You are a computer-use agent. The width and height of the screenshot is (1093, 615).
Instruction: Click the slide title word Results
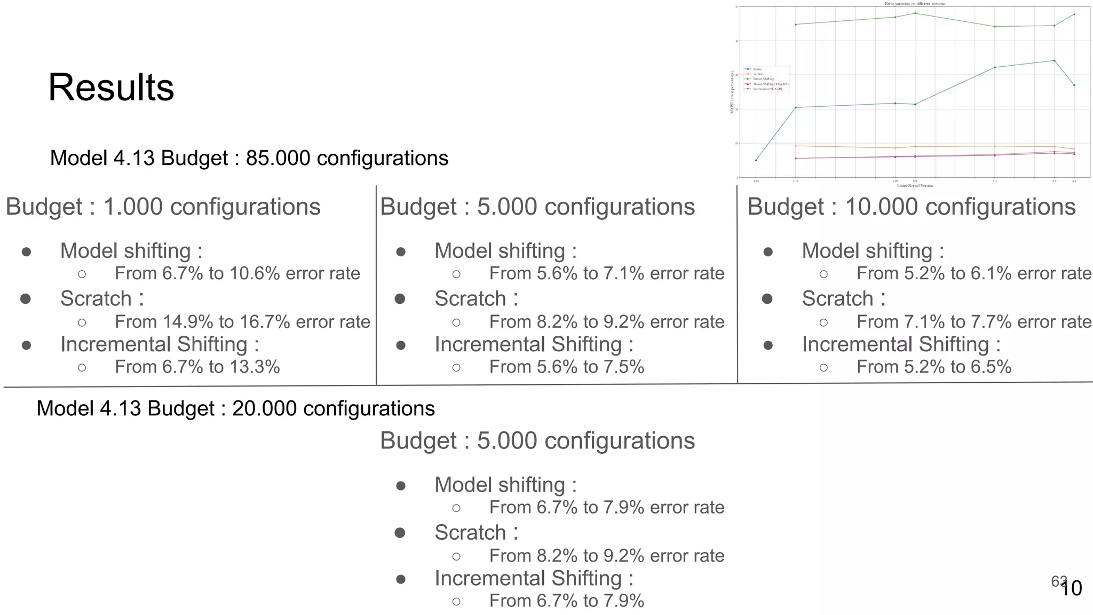pyautogui.click(x=111, y=88)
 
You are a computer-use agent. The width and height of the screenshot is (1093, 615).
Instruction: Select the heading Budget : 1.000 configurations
pyautogui.click(x=163, y=207)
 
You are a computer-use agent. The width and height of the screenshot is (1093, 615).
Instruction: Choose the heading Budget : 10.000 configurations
pyautogui.click(x=911, y=207)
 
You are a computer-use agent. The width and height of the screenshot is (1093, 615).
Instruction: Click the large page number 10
pyautogui.click(x=1071, y=588)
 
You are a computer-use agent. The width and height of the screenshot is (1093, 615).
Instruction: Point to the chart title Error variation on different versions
pyautogui.click(x=915, y=4)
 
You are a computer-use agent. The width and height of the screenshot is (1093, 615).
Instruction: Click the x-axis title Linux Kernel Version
pyautogui.click(x=915, y=186)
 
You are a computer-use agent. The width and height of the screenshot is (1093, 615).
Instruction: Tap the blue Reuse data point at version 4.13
pyautogui.click(x=756, y=160)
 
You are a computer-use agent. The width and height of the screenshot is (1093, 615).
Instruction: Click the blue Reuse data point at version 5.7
pyautogui.click(x=1054, y=60)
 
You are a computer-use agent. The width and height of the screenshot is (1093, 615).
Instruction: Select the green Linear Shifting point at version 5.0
pyautogui.click(x=915, y=13)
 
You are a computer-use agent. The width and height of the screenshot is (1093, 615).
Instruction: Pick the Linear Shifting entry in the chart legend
pyautogui.click(x=763, y=79)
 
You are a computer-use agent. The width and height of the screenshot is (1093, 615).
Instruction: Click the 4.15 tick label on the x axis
pyautogui.click(x=795, y=182)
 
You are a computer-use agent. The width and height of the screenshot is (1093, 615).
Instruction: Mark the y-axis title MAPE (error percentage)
pyautogui.click(x=732, y=92)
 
